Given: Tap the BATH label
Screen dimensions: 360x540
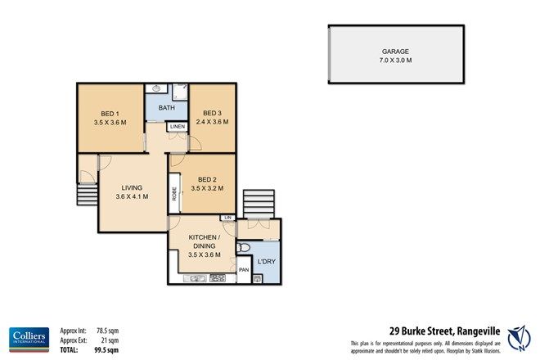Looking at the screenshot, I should pos(166,107).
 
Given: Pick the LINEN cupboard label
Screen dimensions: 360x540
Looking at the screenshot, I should pos(177,128).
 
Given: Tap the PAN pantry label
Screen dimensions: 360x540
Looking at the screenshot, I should pos(243,269).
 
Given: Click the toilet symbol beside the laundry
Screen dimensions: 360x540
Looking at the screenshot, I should pos(244,248).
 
